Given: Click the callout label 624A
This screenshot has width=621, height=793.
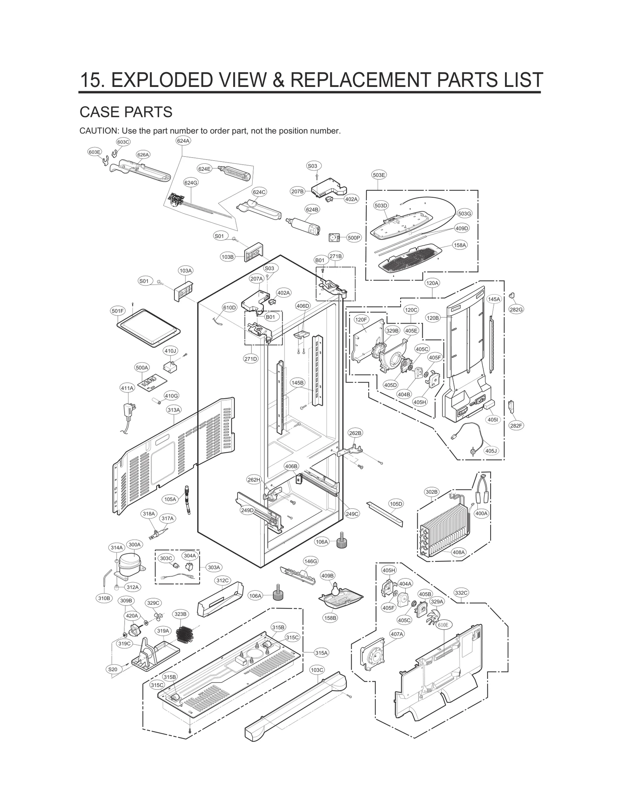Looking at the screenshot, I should pyautogui.click(x=183, y=141).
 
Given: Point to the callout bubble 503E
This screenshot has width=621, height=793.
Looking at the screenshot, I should pyautogui.click(x=379, y=175).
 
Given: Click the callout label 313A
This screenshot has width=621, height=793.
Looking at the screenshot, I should pyautogui.click(x=174, y=410).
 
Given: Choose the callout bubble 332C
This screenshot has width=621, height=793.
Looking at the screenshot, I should pyautogui.click(x=461, y=593).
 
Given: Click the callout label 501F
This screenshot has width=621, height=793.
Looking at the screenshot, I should pyautogui.click(x=118, y=311).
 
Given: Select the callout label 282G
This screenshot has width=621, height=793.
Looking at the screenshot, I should pyautogui.click(x=516, y=309).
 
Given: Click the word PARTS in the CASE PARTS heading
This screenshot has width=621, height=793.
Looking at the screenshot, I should pyautogui.click(x=149, y=112).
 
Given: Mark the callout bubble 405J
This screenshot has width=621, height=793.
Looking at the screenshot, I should pyautogui.click(x=491, y=451).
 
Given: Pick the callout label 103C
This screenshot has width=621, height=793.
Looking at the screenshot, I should pyautogui.click(x=317, y=670).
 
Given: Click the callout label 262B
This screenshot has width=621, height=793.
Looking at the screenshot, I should pyautogui.click(x=355, y=433).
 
